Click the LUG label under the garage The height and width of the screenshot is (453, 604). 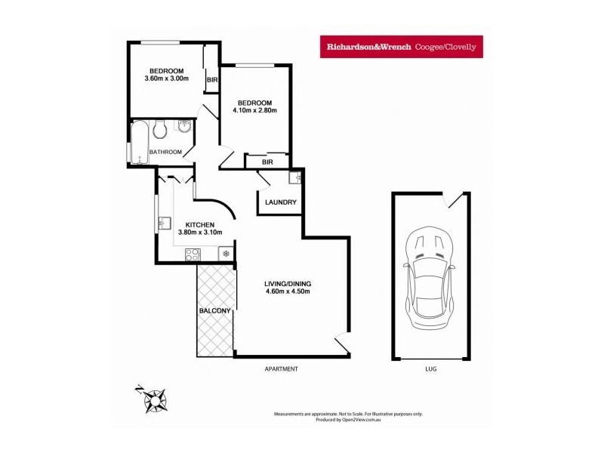(431, 369)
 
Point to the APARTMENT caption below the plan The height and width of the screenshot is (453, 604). (282, 369)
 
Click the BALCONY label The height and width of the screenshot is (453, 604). (214, 310)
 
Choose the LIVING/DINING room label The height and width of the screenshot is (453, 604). (288, 284)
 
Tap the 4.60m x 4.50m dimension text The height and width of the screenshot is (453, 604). (288, 292)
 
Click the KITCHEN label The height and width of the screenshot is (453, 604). (200, 224)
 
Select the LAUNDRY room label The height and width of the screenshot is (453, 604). (280, 202)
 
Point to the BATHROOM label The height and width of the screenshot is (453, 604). (165, 152)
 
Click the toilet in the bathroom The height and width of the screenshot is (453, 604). (159, 131)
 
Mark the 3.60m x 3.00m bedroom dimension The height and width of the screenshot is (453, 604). (166, 78)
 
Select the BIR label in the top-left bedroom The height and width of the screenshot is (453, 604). (212, 80)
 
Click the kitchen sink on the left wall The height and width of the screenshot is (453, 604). (164, 223)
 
